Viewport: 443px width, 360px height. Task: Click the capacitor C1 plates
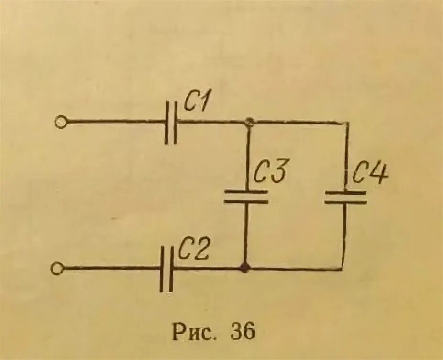171,122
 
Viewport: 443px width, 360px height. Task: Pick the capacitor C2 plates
166,269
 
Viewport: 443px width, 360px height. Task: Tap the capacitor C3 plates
246,196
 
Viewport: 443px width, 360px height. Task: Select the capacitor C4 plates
345,198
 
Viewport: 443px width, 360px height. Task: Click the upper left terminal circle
61,123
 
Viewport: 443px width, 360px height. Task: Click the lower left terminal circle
56,269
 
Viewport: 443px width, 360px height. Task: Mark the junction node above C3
248,122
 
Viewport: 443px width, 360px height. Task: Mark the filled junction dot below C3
245,268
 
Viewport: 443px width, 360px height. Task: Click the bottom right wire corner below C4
343,269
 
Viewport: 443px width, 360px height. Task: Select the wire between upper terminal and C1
115,122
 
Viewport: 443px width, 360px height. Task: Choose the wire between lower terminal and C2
110,269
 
